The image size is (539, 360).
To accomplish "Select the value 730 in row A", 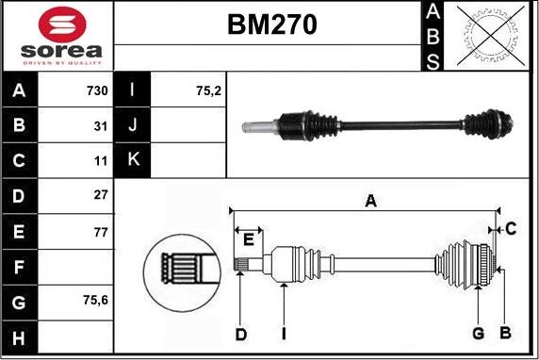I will point(96,91).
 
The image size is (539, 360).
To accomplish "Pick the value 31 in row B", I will point(102,124).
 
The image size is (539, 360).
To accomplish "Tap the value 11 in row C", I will point(102,160).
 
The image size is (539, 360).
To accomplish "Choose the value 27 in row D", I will point(102,195).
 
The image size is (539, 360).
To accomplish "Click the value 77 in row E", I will point(102,231).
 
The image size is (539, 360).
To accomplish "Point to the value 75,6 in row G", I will point(94,302).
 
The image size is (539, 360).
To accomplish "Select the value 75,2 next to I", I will point(206,91).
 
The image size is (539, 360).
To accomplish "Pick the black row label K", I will point(133,160).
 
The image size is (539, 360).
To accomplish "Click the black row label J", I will point(133,124).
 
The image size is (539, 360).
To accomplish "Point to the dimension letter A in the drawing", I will point(371,200).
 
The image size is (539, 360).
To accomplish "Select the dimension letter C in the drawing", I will point(510,228).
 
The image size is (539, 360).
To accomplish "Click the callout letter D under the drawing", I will point(240,334).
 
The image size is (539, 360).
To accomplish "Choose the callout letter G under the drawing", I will point(478,334).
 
